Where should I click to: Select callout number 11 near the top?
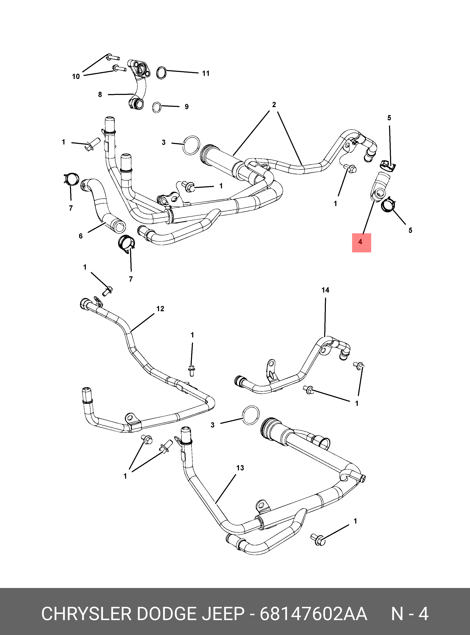coord(205,73)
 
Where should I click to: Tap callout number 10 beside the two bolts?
coord(76,77)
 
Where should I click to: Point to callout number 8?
coord(100,94)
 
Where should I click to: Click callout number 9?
coord(187,107)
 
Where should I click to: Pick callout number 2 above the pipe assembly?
coord(274,105)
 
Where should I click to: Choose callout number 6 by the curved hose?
coord(81,236)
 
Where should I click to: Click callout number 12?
coord(160,309)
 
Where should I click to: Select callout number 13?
coord(240,468)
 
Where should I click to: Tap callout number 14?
coord(325,290)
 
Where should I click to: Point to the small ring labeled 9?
coord(157,107)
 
